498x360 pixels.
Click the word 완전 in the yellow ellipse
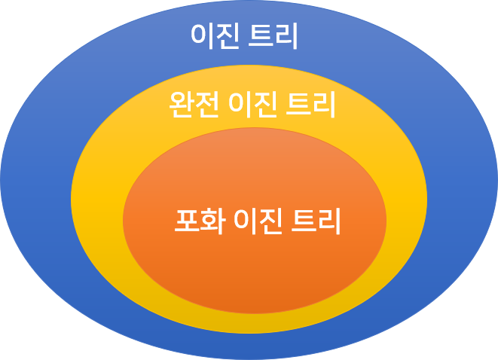click(x=194, y=105)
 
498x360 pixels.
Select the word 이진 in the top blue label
click(x=215, y=35)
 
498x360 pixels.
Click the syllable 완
click(x=182, y=105)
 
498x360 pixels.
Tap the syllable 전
click(x=207, y=105)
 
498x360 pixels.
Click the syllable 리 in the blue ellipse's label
click(x=287, y=35)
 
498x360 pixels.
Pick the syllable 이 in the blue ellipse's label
click(x=203, y=35)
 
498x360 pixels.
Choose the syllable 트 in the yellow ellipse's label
click(x=298, y=105)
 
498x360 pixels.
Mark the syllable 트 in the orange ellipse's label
click(x=304, y=220)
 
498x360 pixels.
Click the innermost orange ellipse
click(x=255, y=271)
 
